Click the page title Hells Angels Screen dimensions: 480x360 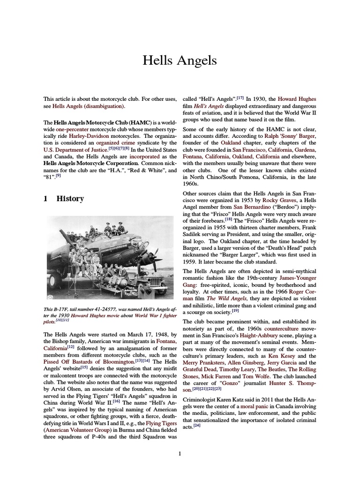point(180,60)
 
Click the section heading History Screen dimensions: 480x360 point(70,198)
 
